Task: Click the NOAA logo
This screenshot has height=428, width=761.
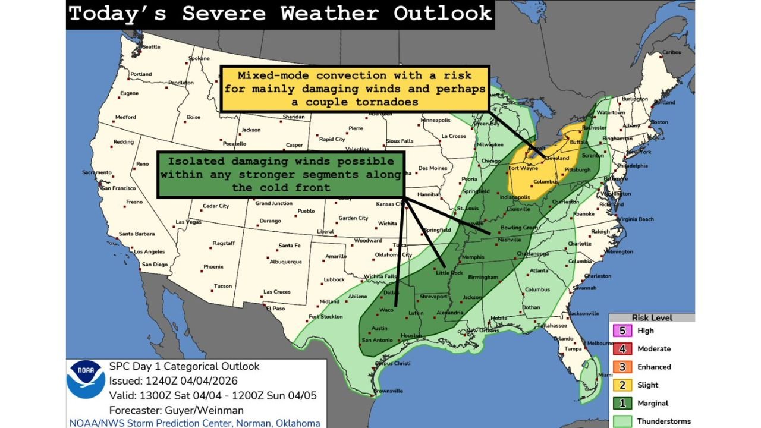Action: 86,379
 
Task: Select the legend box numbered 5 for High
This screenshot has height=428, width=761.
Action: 621,331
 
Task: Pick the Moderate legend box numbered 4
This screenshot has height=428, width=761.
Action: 621,349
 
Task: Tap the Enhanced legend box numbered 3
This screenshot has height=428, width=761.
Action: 621,367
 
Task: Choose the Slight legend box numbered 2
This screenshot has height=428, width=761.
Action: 621,385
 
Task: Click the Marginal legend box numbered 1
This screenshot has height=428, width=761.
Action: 621,403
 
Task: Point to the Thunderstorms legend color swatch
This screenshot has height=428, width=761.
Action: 621,421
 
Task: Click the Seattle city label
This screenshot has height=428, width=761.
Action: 151,47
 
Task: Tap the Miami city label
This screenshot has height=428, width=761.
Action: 605,375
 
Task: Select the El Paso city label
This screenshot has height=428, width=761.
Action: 275,309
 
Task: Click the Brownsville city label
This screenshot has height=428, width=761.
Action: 388,391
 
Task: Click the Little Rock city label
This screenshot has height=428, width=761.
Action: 449,273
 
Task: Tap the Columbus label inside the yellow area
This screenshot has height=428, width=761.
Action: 545,181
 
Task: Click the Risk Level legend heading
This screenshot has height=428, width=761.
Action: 652,318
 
